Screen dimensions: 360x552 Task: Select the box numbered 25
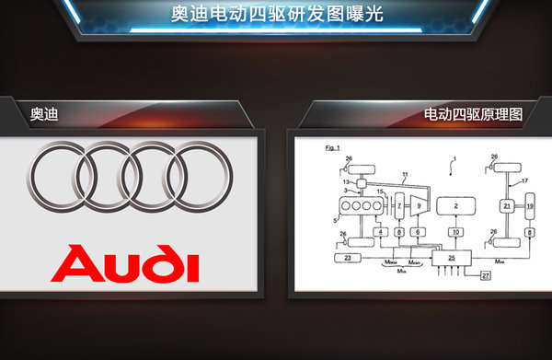coord(452,259)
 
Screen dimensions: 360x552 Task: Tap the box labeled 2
coord(452,204)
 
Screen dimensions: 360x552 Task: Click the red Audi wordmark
coord(126,263)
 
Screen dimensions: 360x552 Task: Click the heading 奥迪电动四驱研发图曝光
coord(276,14)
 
